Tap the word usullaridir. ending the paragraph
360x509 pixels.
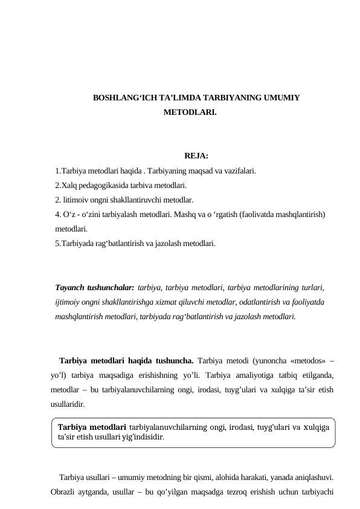68,403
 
